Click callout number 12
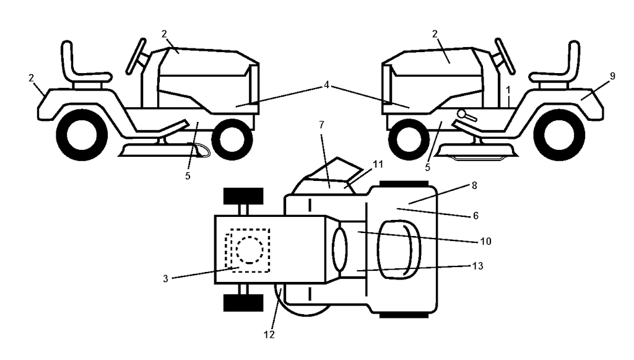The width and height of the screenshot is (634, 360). [x=269, y=335]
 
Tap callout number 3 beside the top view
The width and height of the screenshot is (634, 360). [x=165, y=279]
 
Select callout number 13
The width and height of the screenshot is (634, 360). [x=477, y=266]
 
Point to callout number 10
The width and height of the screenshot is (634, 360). [x=485, y=242]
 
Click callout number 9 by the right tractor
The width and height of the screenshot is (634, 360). [x=612, y=76]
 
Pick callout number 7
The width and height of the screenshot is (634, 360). [x=321, y=125]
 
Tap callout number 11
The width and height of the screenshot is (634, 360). [x=378, y=165]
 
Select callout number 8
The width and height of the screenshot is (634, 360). [x=474, y=185]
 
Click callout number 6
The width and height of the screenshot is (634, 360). [x=475, y=216]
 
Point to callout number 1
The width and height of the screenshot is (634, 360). [x=508, y=89]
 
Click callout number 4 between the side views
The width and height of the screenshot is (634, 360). [x=326, y=86]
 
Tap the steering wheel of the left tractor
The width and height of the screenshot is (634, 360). [x=136, y=56]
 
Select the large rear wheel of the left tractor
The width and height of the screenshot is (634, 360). [x=82, y=134]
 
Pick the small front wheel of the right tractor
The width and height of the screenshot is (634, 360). [x=409, y=139]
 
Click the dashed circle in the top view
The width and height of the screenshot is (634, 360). [x=250, y=250]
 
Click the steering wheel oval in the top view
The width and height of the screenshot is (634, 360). [x=340, y=250]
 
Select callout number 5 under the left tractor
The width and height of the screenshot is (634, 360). [x=188, y=177]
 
